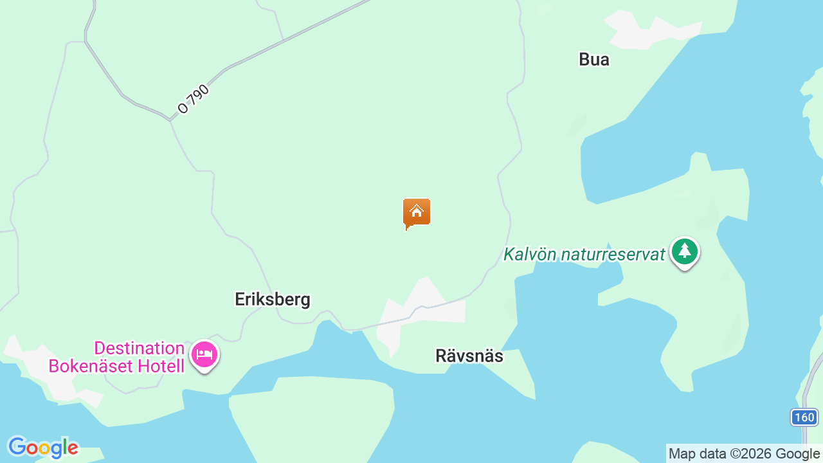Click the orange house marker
417,213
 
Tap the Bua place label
594,60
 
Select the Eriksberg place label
273,299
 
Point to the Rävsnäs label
469,356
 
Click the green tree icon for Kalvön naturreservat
685,251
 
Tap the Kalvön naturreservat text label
584,254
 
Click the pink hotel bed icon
204,354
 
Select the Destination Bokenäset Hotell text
140,357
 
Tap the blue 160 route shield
804,417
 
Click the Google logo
42,447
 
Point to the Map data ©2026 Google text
744,453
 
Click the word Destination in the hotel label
140,349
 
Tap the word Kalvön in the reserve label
530,254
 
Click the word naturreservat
612,254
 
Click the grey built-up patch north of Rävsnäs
421,305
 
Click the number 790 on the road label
199,95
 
